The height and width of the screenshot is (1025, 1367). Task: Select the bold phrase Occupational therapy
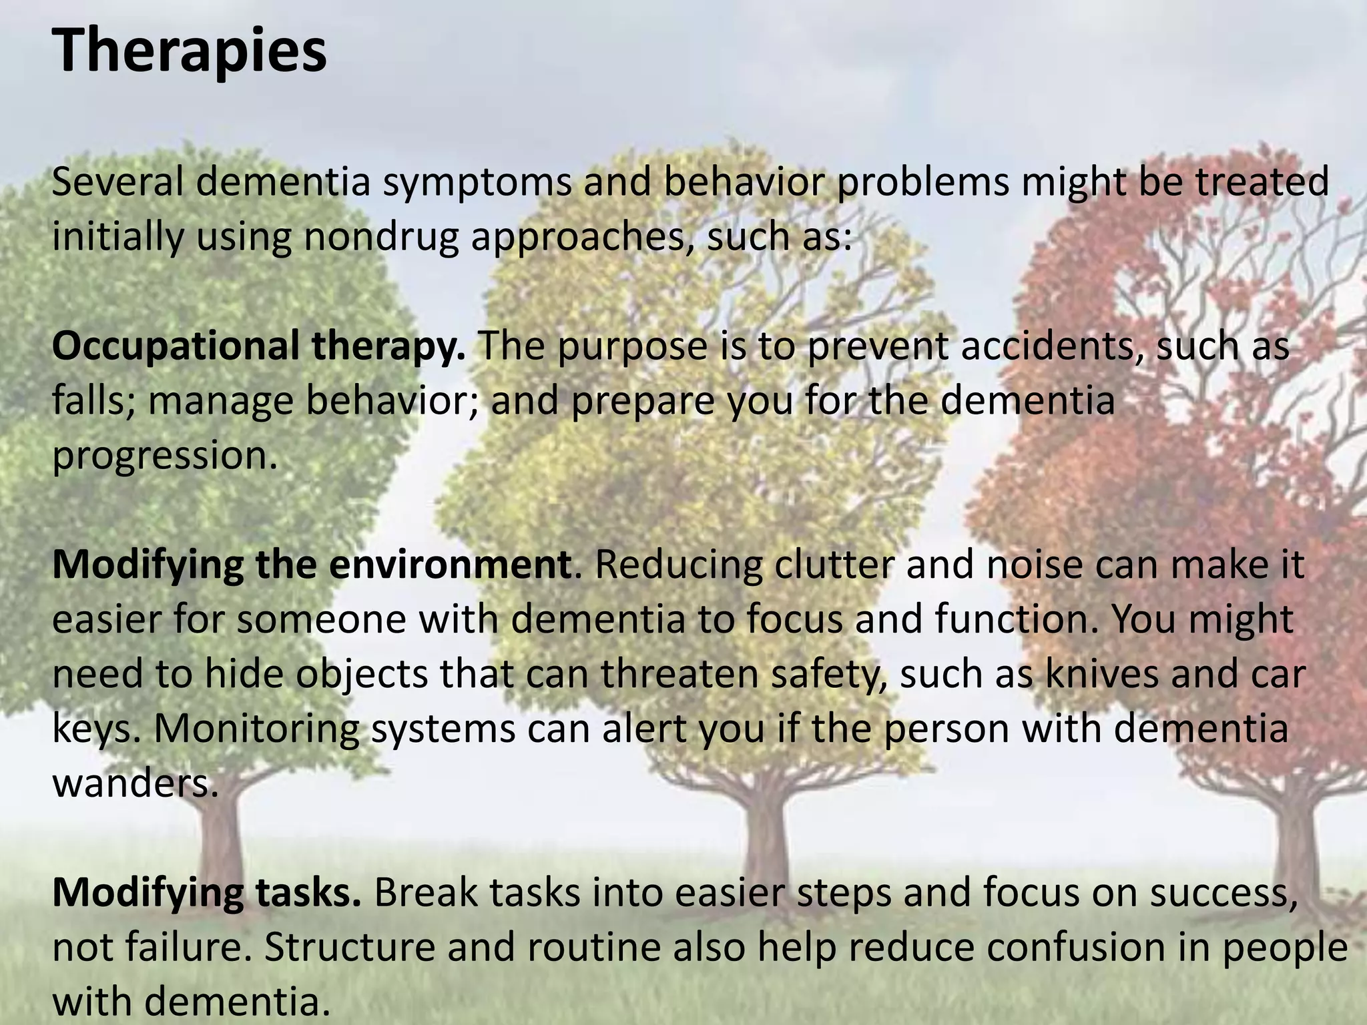coord(259,346)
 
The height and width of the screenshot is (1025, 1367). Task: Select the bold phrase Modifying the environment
coord(311,565)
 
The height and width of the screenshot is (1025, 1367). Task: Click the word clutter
coord(834,565)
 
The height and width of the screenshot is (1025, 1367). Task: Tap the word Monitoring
coord(256,729)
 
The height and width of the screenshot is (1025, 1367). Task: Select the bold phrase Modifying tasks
coord(207,893)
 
